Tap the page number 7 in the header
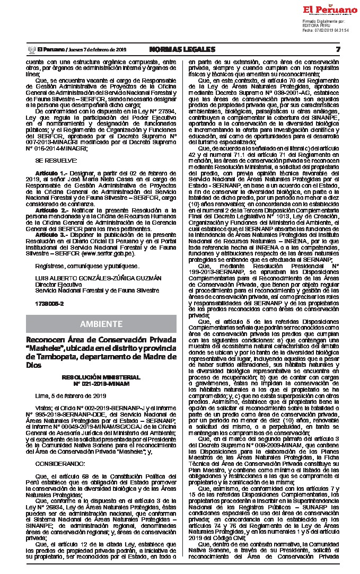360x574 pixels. [x=337, y=49]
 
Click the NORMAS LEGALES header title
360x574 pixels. [x=182, y=49]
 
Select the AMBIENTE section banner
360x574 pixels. [x=101, y=324]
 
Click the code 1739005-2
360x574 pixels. [x=49, y=304]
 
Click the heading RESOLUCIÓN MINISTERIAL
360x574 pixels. [x=101, y=377]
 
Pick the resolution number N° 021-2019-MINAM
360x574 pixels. [x=101, y=383]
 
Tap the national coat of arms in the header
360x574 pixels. [x=31, y=49]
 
